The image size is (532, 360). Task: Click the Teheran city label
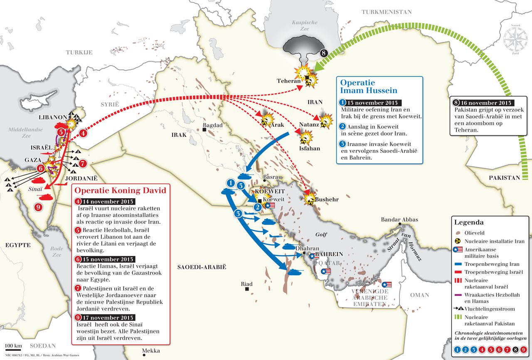click(x=289, y=81)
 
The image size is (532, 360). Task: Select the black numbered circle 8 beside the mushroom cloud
click(x=325, y=53)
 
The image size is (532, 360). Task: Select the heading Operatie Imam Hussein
click(x=369, y=86)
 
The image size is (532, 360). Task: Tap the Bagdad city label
click(x=213, y=125)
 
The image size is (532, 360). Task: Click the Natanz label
click(x=309, y=124)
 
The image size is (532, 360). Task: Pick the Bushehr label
click(x=327, y=200)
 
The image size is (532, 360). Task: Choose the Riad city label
click(x=246, y=284)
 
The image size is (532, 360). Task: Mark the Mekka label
click(x=151, y=351)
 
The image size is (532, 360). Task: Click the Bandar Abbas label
click(x=399, y=219)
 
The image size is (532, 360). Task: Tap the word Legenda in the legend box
click(x=469, y=222)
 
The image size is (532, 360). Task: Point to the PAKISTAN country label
click(x=504, y=178)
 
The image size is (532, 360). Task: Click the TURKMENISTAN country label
click(x=387, y=12)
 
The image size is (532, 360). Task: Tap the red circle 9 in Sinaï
click(x=38, y=207)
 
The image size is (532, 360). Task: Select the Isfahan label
click(x=310, y=148)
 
